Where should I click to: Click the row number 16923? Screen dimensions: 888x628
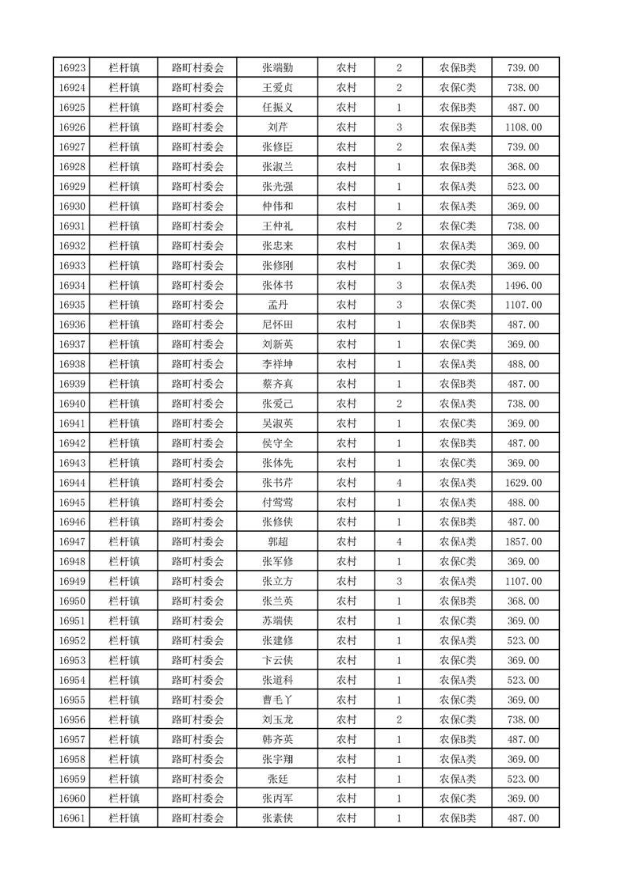point(72,68)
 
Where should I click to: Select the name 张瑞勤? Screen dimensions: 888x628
point(277,68)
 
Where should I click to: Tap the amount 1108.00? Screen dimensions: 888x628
point(525,127)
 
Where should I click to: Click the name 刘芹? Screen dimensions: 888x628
point(277,127)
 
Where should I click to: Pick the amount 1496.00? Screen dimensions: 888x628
point(525,286)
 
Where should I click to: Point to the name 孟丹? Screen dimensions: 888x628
point(277,305)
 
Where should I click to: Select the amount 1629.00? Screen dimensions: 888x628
point(525,483)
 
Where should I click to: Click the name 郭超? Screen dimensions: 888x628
point(277,542)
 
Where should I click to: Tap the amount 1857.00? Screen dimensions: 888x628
point(525,542)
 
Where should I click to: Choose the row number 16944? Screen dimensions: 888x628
point(72,483)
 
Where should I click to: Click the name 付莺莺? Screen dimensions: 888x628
point(277,503)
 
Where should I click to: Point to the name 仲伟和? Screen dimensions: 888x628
point(277,207)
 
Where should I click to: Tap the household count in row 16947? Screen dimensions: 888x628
point(398,542)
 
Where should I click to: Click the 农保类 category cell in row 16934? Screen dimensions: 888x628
point(458,286)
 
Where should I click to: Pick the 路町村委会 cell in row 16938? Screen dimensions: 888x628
point(198,364)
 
